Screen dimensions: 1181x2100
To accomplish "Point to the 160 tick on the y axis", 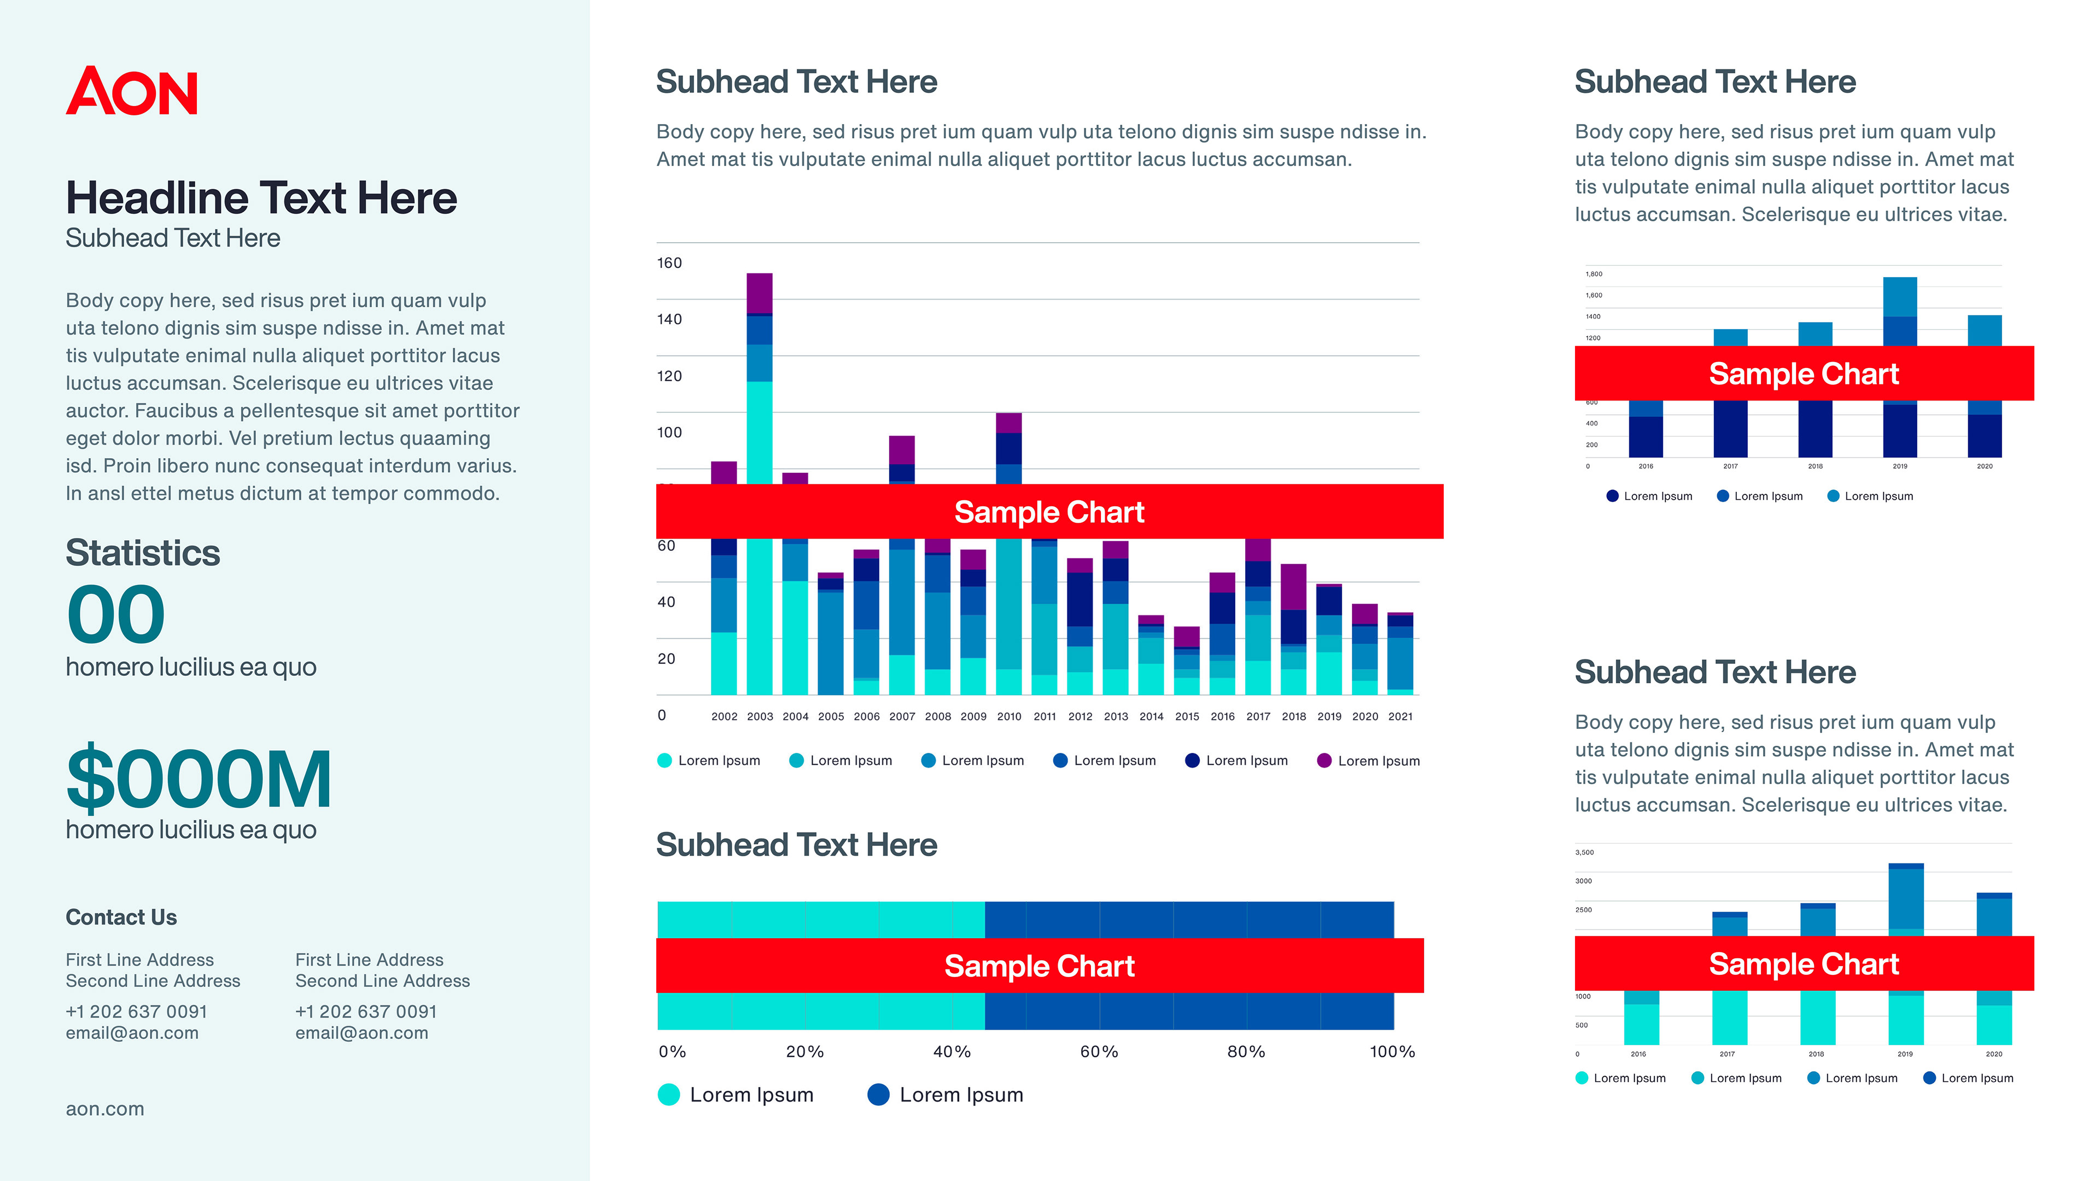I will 669,262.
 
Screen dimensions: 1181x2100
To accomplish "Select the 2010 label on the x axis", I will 1009,716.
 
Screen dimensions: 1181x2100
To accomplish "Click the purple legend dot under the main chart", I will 1324,761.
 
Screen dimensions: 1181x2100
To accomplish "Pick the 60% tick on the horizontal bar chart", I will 1099,1051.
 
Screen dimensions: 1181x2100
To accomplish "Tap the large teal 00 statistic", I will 116,615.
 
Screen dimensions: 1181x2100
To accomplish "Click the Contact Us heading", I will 121,917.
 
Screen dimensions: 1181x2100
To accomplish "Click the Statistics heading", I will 143,553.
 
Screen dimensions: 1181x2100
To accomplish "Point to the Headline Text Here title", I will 261,198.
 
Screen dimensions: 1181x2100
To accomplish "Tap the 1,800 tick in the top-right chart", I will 1594,274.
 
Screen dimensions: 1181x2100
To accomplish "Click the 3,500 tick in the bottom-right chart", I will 1584,852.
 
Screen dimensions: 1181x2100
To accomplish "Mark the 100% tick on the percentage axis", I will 1392,1051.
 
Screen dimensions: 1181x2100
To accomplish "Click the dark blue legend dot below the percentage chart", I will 879,1095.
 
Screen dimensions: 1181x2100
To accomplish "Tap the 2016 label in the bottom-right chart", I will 1638,1054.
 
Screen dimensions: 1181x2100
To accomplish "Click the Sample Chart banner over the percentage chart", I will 1040,966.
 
